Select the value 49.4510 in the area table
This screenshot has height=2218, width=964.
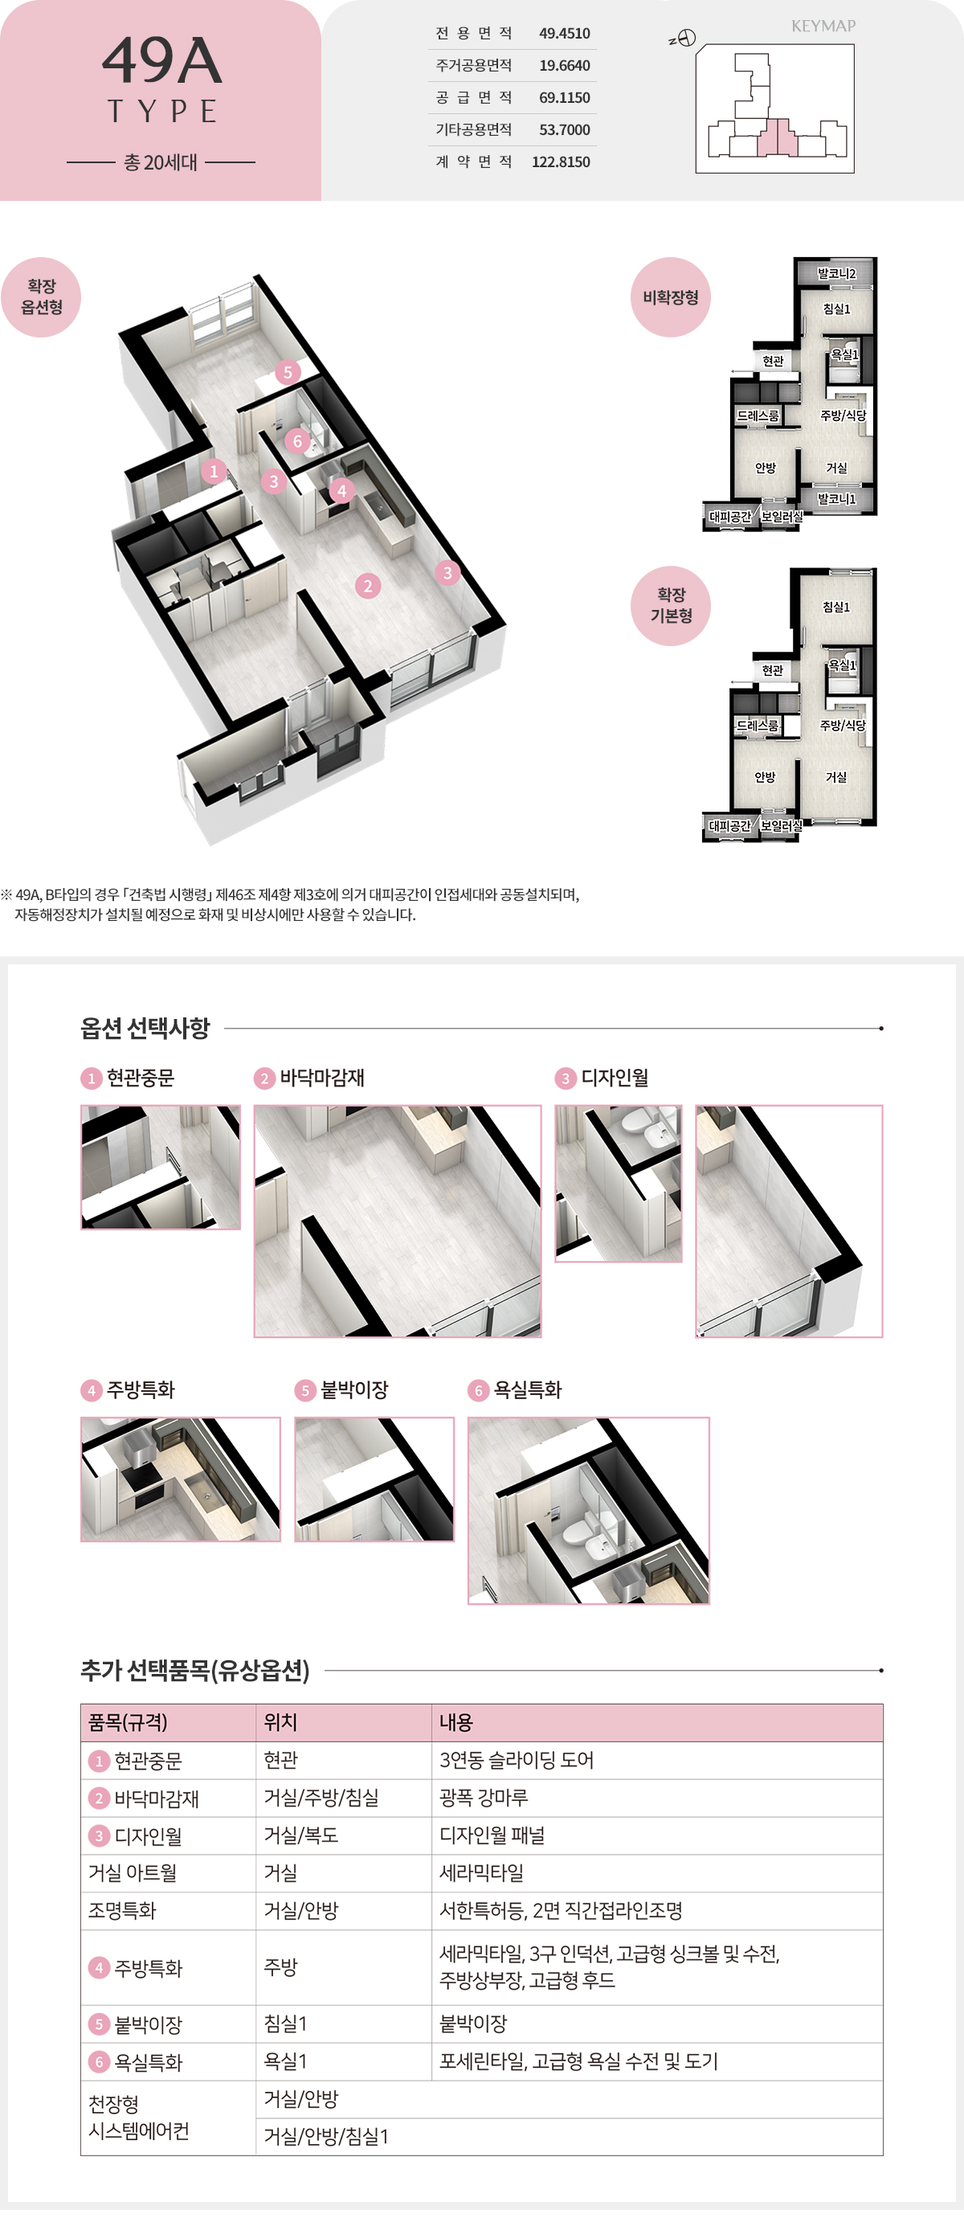point(564,34)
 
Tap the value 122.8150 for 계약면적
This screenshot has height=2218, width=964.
point(561,162)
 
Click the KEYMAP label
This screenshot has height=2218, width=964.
point(823,26)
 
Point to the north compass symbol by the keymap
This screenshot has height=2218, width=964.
point(685,38)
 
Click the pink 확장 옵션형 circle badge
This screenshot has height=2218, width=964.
point(40,297)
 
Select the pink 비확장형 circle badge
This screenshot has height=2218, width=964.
point(671,297)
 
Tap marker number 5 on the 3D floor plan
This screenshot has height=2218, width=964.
point(288,372)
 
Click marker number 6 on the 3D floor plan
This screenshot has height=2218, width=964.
point(297,441)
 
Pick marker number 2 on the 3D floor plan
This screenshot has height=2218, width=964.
point(368,586)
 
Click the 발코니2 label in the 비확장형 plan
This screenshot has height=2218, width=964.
point(835,274)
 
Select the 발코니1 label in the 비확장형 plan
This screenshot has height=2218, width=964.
point(835,498)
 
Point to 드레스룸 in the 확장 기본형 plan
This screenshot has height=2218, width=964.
point(757,725)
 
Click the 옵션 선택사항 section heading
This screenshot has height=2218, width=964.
point(145,1028)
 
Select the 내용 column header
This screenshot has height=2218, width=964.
point(455,1722)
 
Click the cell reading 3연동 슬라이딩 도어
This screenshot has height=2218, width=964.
point(517,1760)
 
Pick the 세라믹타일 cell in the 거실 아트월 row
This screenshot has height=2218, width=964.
point(481,1872)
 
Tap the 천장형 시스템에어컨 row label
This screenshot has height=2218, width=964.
point(138,2118)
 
